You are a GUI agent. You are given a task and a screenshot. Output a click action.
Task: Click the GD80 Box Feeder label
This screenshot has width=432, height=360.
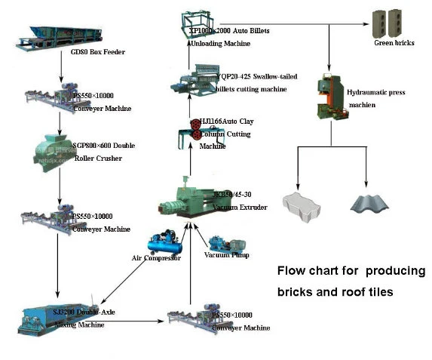tap(97, 52)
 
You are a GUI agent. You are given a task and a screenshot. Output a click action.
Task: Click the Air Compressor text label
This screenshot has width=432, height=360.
tap(156, 258)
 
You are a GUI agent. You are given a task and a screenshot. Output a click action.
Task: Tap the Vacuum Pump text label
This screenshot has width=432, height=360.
tap(227, 254)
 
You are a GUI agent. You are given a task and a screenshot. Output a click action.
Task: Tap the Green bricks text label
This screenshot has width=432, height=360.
tap(394, 43)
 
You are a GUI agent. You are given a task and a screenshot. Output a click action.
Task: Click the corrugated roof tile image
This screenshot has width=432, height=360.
tap(367, 203)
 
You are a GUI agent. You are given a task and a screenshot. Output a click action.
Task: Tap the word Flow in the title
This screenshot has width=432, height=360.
tap(291, 270)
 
